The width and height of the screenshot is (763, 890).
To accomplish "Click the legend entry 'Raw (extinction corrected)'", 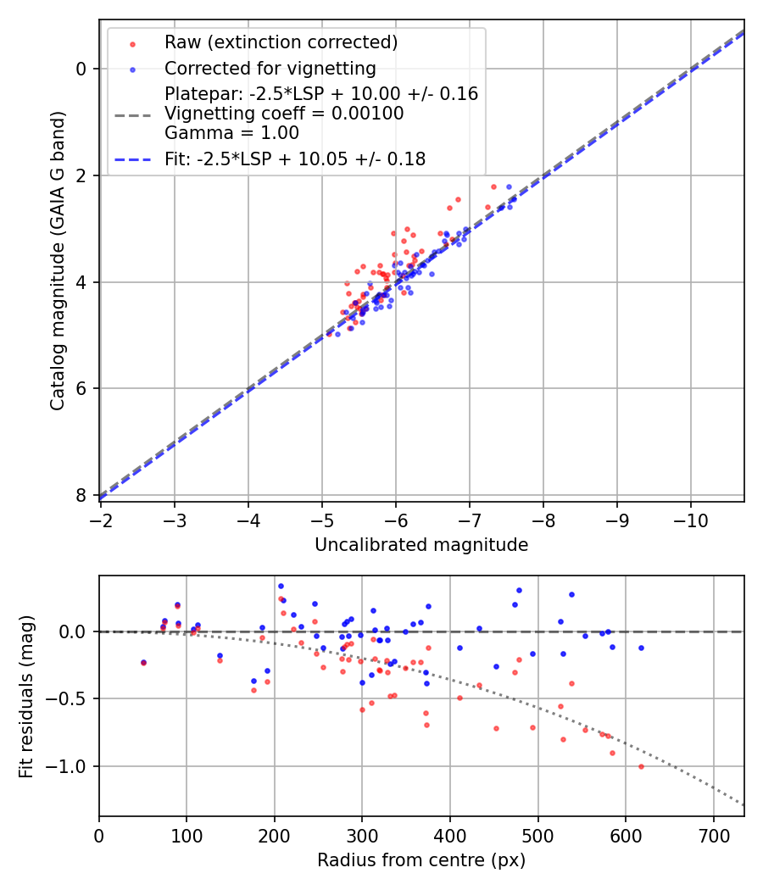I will tap(281, 42).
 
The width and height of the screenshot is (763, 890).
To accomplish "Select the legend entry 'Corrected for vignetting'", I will tap(270, 68).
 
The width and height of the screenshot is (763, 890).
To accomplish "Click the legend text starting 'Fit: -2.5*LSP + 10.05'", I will tap(295, 159).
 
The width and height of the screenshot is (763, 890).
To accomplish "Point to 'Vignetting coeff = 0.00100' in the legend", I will tap(284, 113).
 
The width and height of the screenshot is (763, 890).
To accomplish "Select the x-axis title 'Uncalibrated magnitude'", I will tap(421, 545).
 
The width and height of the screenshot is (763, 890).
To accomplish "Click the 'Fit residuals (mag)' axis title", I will tap(27, 696).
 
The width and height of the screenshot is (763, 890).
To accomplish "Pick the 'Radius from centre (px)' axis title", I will tap(421, 860).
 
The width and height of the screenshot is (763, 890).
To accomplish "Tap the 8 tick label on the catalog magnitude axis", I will tap(81, 495).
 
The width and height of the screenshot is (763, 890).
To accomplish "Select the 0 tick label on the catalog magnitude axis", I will tap(81, 69).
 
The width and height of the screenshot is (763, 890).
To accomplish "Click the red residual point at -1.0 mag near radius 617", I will tap(641, 766).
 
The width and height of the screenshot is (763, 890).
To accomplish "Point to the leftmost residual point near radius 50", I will tap(143, 662).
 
